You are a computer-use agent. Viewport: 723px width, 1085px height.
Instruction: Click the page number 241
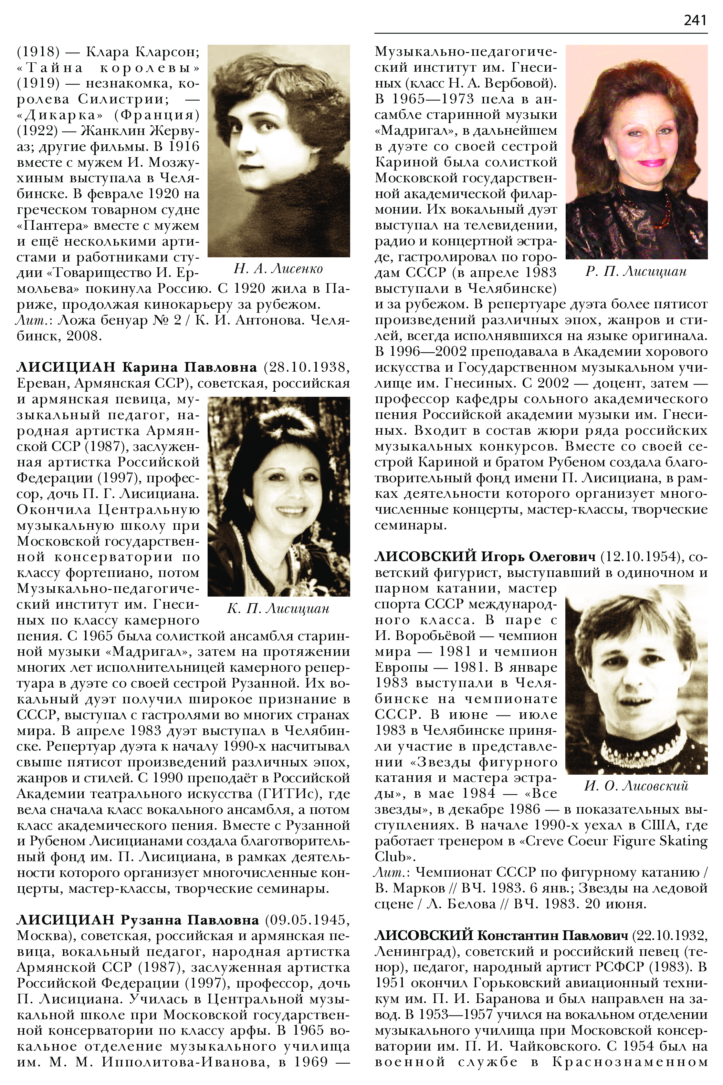(695, 20)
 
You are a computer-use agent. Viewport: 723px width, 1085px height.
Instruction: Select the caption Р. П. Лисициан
(636, 271)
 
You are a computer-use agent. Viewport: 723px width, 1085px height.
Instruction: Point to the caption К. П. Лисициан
(278, 609)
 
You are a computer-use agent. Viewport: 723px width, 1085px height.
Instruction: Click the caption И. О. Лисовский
(636, 786)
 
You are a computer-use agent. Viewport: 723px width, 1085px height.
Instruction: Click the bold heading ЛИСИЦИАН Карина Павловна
(136, 367)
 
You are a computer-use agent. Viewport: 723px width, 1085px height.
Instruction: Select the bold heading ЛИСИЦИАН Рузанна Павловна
(137, 920)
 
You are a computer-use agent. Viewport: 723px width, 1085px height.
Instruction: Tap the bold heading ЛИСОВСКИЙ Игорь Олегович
(485, 557)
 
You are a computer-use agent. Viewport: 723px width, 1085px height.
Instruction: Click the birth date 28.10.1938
(307, 367)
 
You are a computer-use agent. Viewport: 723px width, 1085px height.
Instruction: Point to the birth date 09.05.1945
(307, 920)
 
